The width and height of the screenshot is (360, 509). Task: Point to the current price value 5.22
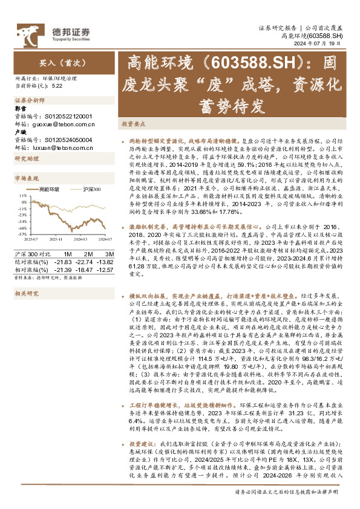tap(57, 85)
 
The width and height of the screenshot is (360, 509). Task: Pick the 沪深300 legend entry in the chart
tap(91, 190)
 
